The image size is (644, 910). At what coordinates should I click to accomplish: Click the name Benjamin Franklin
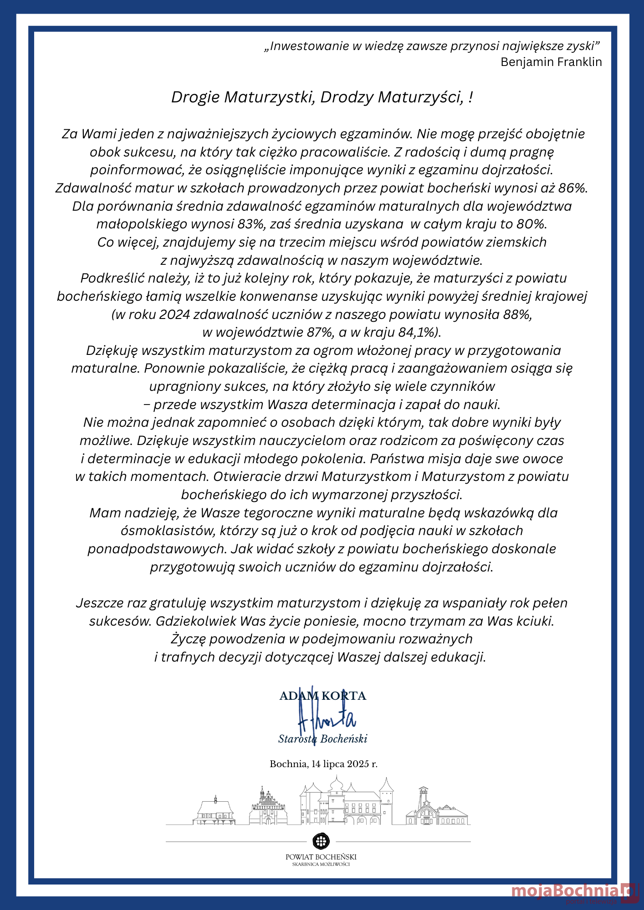[x=551, y=62]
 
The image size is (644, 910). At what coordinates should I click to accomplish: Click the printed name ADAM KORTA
[x=322, y=696]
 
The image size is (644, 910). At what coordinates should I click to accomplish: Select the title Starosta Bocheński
[x=322, y=739]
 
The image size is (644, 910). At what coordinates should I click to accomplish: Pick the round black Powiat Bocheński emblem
[x=321, y=841]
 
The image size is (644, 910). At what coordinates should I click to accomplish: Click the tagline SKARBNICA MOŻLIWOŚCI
[x=321, y=864]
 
